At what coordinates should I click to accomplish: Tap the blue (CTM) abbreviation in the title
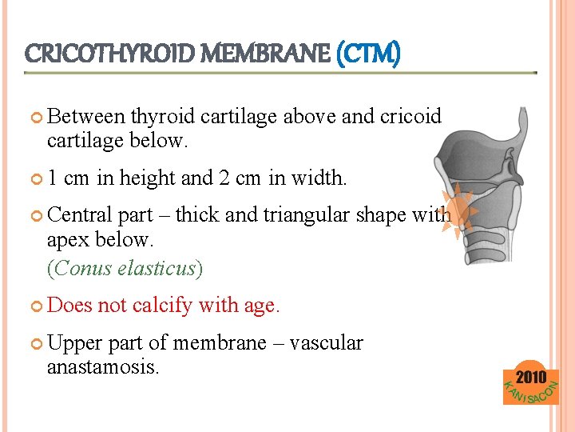click(x=368, y=54)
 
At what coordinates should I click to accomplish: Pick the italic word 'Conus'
click(x=82, y=268)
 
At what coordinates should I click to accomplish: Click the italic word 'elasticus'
click(x=157, y=268)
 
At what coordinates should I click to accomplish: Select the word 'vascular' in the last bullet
click(x=326, y=343)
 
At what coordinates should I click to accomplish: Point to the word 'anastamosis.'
click(x=103, y=367)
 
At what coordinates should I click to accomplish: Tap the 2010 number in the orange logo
click(x=531, y=377)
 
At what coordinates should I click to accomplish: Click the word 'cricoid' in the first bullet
click(x=410, y=117)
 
